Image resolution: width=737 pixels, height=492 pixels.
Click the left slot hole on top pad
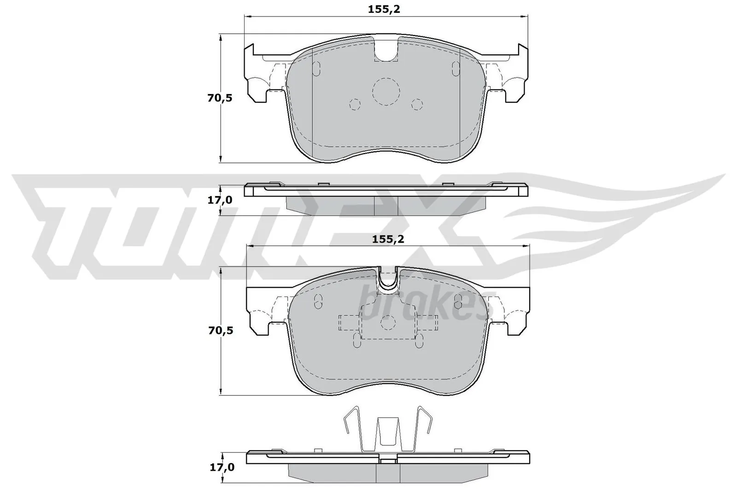316,69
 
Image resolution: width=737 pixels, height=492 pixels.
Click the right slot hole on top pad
455,69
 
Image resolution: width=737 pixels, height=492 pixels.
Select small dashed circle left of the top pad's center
355,105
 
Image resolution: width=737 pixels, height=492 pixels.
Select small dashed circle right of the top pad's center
417,105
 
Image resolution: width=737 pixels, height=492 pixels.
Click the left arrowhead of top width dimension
246,17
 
